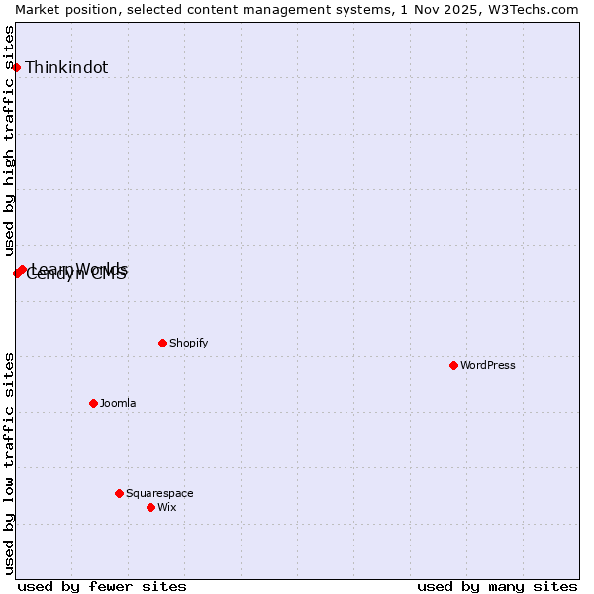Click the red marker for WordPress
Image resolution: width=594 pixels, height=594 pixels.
pyautogui.click(x=453, y=365)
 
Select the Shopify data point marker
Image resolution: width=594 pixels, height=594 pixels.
pyautogui.click(x=162, y=343)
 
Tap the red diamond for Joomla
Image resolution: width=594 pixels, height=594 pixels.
pyautogui.click(x=93, y=403)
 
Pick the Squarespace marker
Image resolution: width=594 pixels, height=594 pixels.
pyautogui.click(x=119, y=493)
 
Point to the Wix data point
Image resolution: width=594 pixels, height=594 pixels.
pyautogui.click(x=150, y=507)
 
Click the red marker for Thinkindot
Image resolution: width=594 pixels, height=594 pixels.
pyautogui.click(x=16, y=67)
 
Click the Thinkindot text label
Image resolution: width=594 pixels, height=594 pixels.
pyautogui.click(x=66, y=68)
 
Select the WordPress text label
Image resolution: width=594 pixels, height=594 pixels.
pyautogui.click(x=488, y=365)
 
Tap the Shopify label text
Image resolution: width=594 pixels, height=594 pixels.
pyautogui.click(x=188, y=343)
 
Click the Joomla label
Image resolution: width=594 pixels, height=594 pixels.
pyautogui.click(x=118, y=403)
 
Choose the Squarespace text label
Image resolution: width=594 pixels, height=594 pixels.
pyautogui.click(x=159, y=493)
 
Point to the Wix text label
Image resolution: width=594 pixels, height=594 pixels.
pyautogui.click(x=167, y=507)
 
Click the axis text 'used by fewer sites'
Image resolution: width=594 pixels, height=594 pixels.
pyautogui.click(x=102, y=586)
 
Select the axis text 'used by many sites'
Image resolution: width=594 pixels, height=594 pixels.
pyautogui.click(x=497, y=586)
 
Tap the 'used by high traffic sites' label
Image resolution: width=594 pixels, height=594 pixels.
pyautogui.click(x=9, y=142)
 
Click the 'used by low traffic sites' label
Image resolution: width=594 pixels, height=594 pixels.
pyautogui.click(x=9, y=463)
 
